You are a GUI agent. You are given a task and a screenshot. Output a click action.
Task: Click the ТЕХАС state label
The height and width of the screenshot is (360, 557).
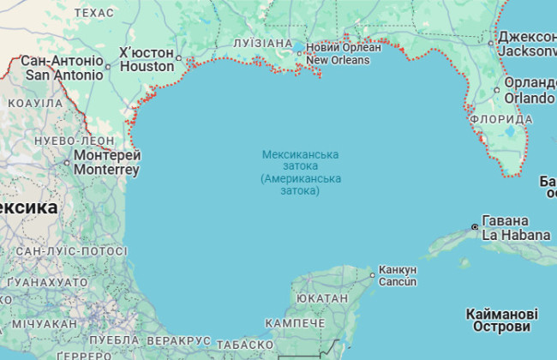(93, 13)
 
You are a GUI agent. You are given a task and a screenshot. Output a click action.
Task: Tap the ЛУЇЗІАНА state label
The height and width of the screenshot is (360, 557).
(262, 43)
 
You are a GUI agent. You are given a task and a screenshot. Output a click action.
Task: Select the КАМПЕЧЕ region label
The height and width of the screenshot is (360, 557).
(295, 323)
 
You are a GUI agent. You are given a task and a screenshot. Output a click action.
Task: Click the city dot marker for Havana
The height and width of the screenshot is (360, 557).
(475, 227)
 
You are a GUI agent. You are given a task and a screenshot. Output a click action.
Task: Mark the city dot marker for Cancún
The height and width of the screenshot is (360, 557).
(372, 275)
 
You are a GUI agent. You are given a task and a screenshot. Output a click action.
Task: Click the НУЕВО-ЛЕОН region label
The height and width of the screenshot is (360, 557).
(49, 140)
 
